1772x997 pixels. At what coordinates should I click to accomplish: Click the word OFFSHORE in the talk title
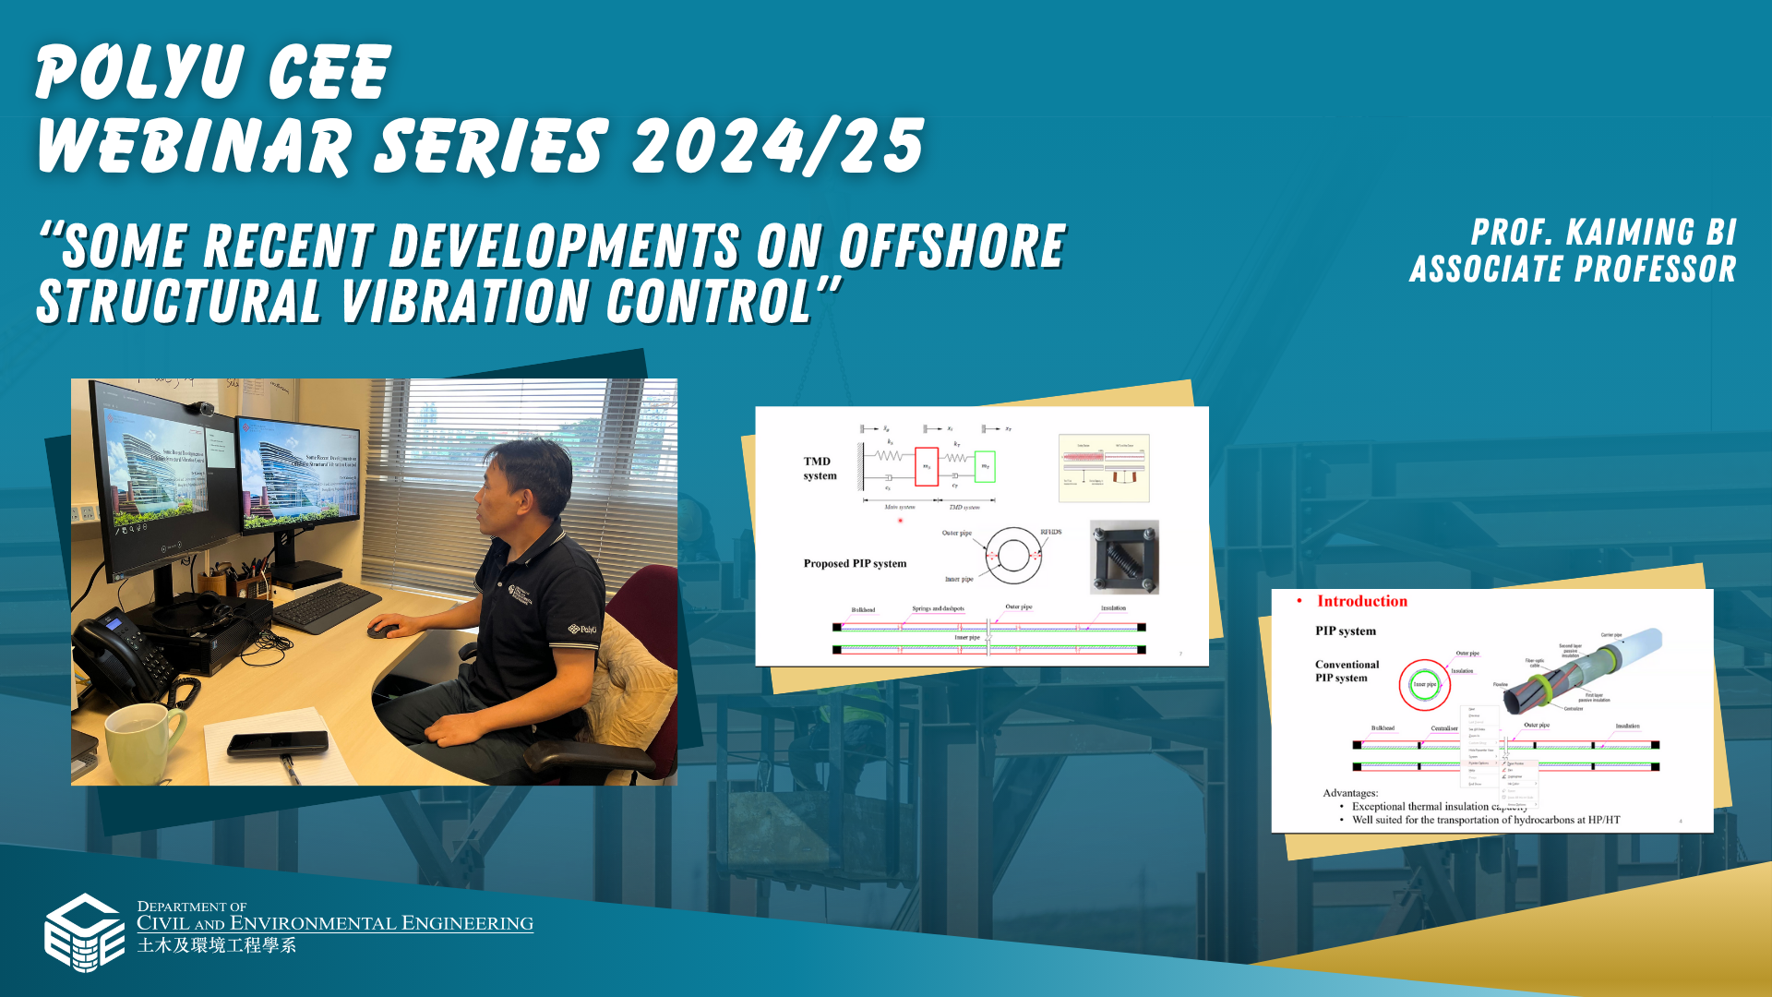[x=952, y=246]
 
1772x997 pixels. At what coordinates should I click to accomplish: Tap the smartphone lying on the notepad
[x=278, y=742]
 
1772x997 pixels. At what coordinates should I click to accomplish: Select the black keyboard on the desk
[x=325, y=607]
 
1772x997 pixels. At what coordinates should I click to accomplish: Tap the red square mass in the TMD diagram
[x=926, y=466]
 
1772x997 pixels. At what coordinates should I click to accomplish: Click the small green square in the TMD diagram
[x=985, y=466]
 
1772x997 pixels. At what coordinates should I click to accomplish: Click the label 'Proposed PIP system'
[x=855, y=563]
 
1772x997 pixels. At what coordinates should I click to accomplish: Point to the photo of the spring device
[x=1124, y=557]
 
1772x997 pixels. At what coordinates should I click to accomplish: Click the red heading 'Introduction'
[x=1361, y=601]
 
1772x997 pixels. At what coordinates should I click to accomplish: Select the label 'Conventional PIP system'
[x=1347, y=671]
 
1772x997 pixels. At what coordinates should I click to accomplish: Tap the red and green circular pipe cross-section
[x=1424, y=684]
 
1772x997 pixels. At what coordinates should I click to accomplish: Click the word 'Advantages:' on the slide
[x=1349, y=792]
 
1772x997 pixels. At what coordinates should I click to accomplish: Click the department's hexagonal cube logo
[x=84, y=932]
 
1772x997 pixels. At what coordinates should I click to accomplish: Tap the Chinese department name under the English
[x=217, y=945]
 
